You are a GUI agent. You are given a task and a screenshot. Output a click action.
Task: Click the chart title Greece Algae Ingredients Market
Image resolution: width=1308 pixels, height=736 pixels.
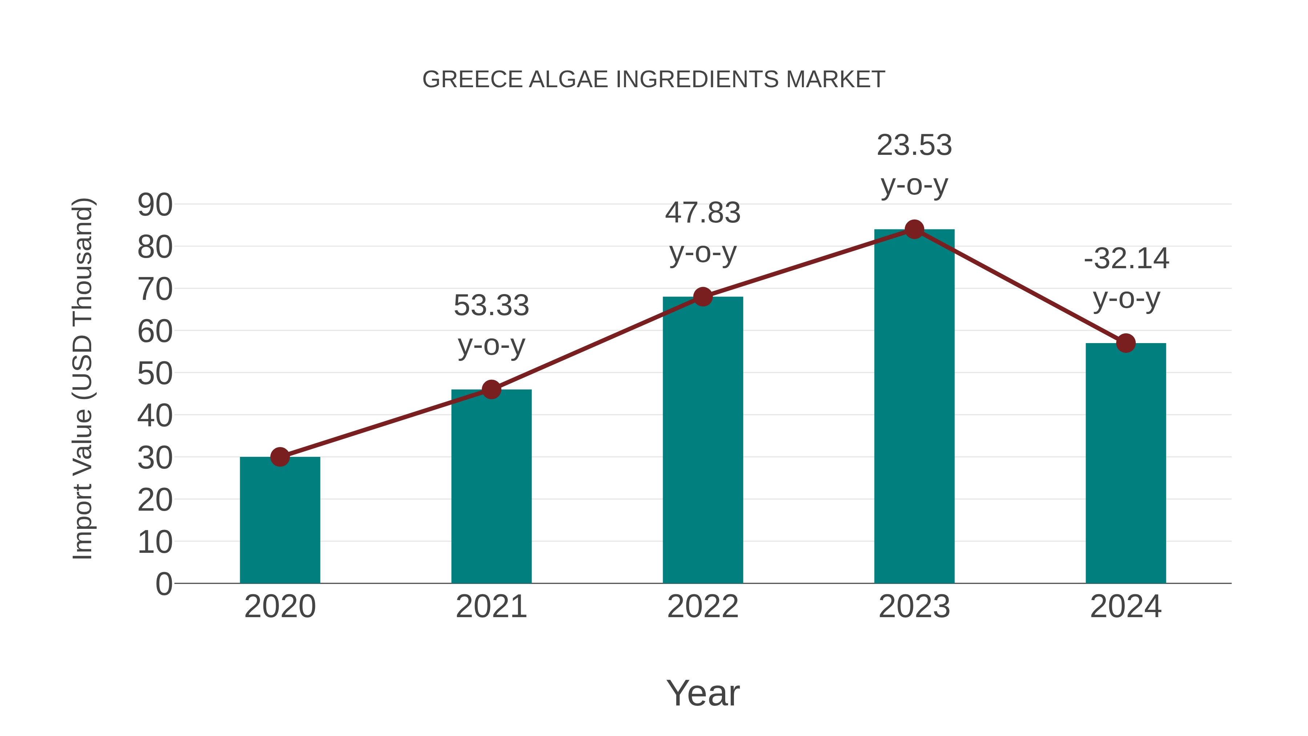(654, 80)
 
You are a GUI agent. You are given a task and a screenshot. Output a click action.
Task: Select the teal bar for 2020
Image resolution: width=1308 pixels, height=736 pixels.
(280, 520)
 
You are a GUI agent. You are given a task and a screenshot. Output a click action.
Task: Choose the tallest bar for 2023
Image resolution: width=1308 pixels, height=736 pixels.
(914, 406)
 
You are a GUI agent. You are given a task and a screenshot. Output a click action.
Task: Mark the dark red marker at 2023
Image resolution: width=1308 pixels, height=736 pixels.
(914, 230)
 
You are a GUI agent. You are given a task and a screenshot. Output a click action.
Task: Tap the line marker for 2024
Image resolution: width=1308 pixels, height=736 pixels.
(1126, 343)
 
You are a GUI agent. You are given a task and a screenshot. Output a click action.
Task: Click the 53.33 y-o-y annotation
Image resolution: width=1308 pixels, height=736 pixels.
(491, 325)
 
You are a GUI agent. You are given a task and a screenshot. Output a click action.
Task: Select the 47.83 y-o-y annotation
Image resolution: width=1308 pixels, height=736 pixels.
(703, 232)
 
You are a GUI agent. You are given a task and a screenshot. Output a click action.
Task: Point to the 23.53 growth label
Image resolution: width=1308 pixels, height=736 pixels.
(914, 165)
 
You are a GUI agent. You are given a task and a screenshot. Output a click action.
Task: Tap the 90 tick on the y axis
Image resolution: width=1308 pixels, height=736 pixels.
(155, 205)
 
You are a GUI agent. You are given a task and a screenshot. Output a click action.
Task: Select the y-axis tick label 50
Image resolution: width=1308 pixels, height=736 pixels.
(155, 374)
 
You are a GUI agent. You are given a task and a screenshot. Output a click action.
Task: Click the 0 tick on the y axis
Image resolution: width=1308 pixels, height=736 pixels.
(163, 584)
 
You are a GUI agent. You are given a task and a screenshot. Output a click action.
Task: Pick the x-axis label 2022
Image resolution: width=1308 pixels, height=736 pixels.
(703, 607)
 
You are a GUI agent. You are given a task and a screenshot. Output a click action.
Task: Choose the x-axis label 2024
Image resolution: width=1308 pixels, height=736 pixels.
(1126, 607)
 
